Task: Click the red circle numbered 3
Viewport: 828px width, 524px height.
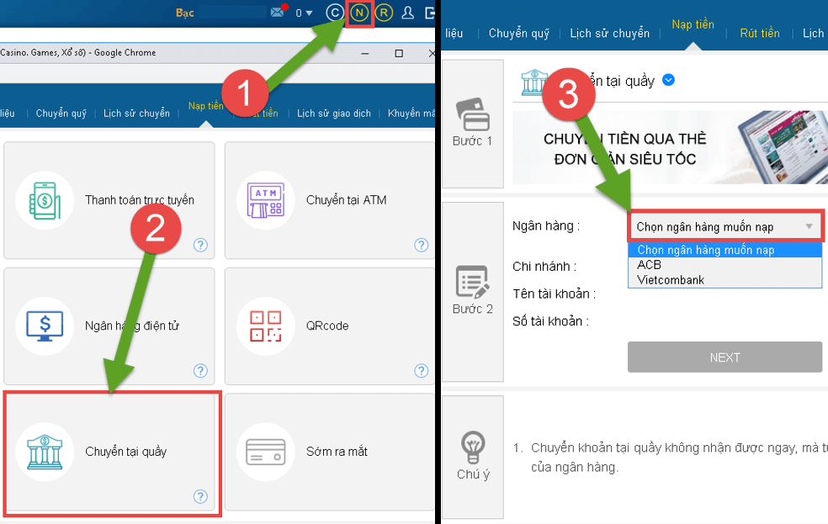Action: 569,97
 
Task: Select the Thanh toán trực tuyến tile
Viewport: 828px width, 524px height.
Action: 109,200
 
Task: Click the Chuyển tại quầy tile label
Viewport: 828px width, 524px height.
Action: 126,452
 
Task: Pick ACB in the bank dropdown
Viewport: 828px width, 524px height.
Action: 650,265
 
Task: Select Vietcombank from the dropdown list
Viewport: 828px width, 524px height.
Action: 671,279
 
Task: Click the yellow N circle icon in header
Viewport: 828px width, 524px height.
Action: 359,13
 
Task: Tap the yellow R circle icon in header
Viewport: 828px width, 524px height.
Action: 384,13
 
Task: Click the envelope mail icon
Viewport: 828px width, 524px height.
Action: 278,13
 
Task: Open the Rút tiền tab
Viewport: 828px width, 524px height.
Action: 759,34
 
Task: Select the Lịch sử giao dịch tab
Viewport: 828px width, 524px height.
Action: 333,114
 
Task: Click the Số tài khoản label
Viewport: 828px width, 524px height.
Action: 551,320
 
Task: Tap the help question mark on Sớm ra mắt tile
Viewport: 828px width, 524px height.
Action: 421,496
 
